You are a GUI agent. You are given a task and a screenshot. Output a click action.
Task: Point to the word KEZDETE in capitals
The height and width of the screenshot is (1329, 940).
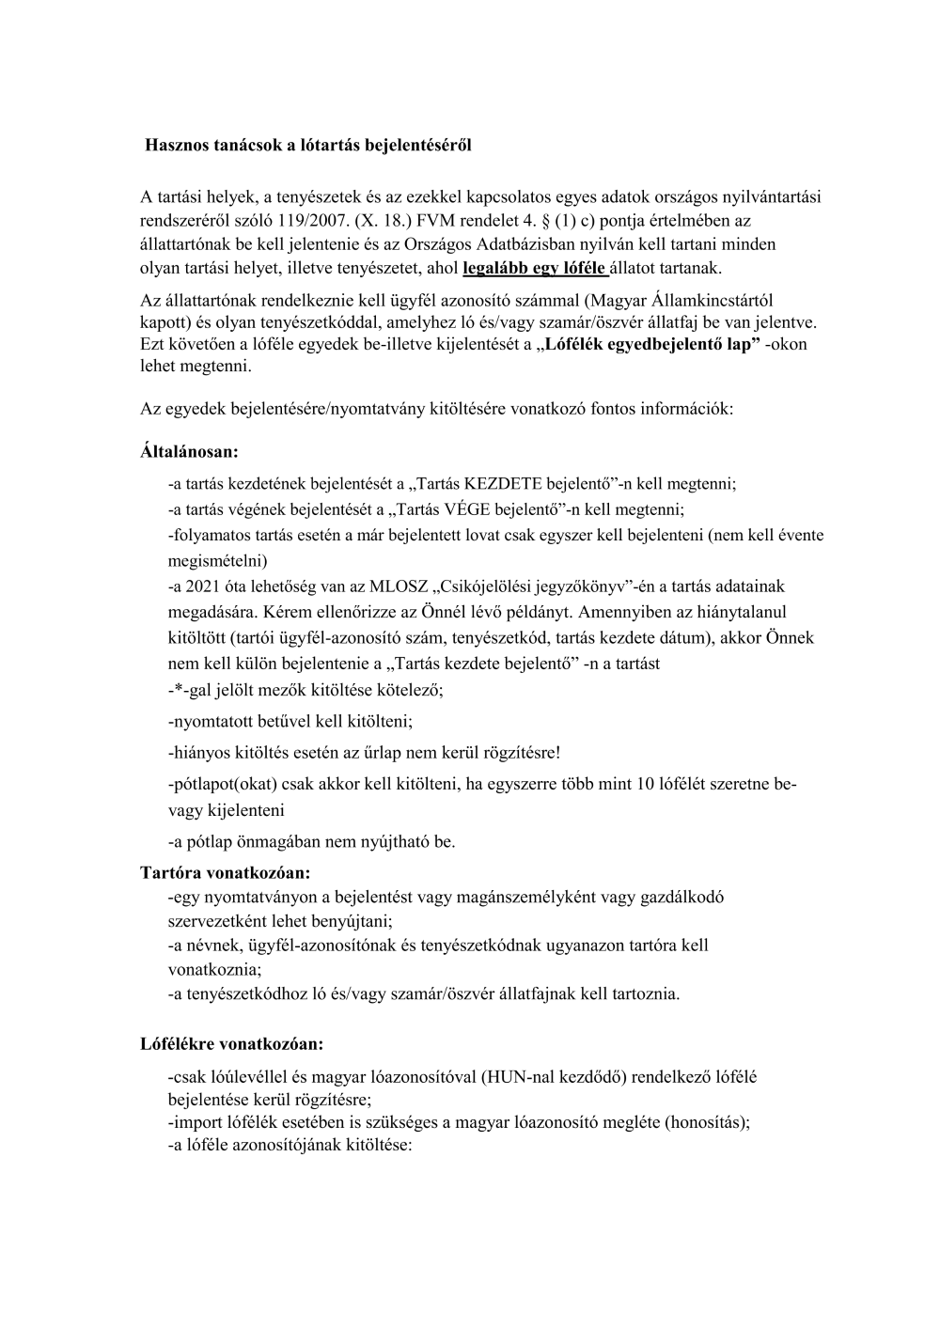pos(503,484)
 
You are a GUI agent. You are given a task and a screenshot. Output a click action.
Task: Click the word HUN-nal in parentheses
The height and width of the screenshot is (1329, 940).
pos(511,1077)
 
